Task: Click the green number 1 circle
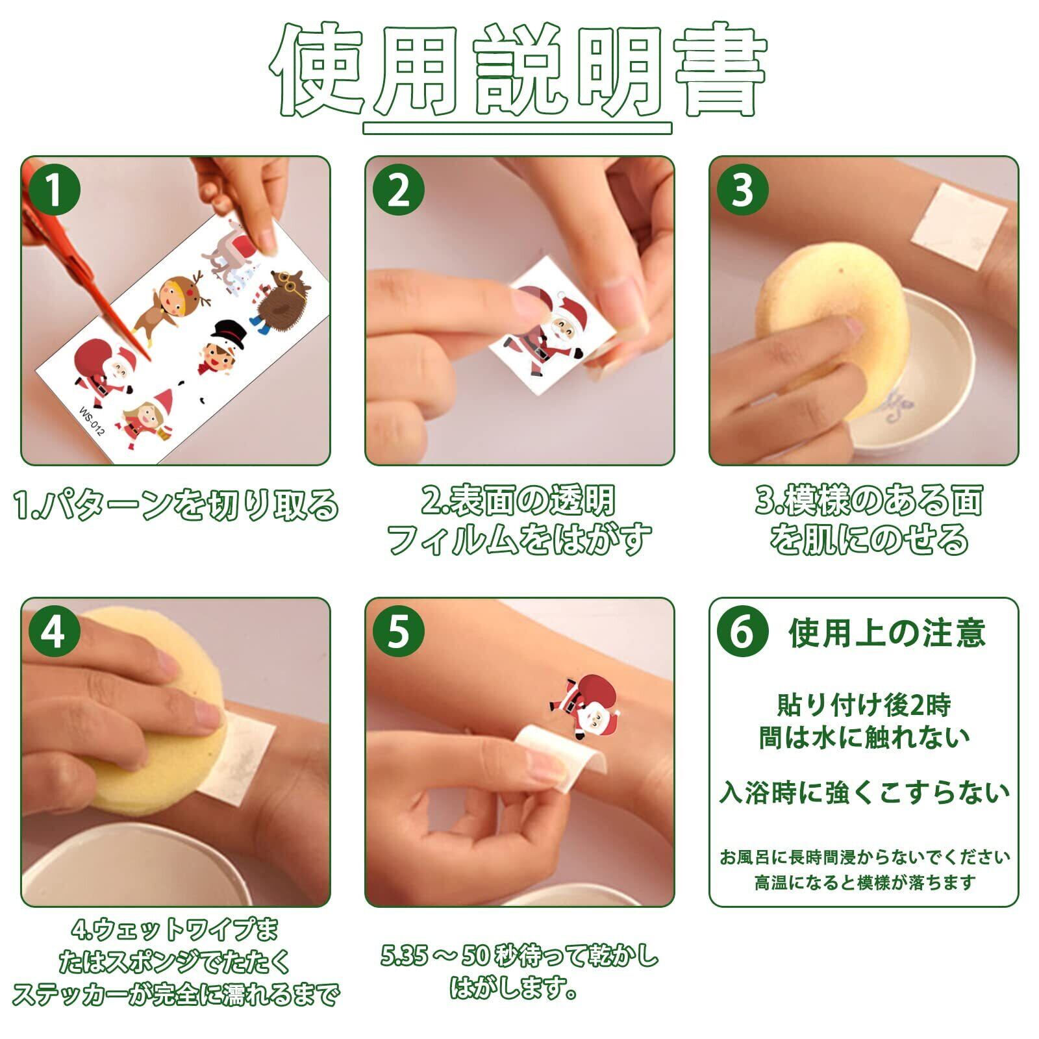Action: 55,190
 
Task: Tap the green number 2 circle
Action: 399,190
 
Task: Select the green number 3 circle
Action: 743,190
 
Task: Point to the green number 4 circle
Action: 55,631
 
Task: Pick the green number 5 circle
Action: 399,631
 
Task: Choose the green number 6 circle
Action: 743,631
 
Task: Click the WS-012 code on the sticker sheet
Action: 92,421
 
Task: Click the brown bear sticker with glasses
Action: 279,301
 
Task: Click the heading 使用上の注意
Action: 887,632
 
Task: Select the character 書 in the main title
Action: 721,70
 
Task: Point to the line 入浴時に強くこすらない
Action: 864,793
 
